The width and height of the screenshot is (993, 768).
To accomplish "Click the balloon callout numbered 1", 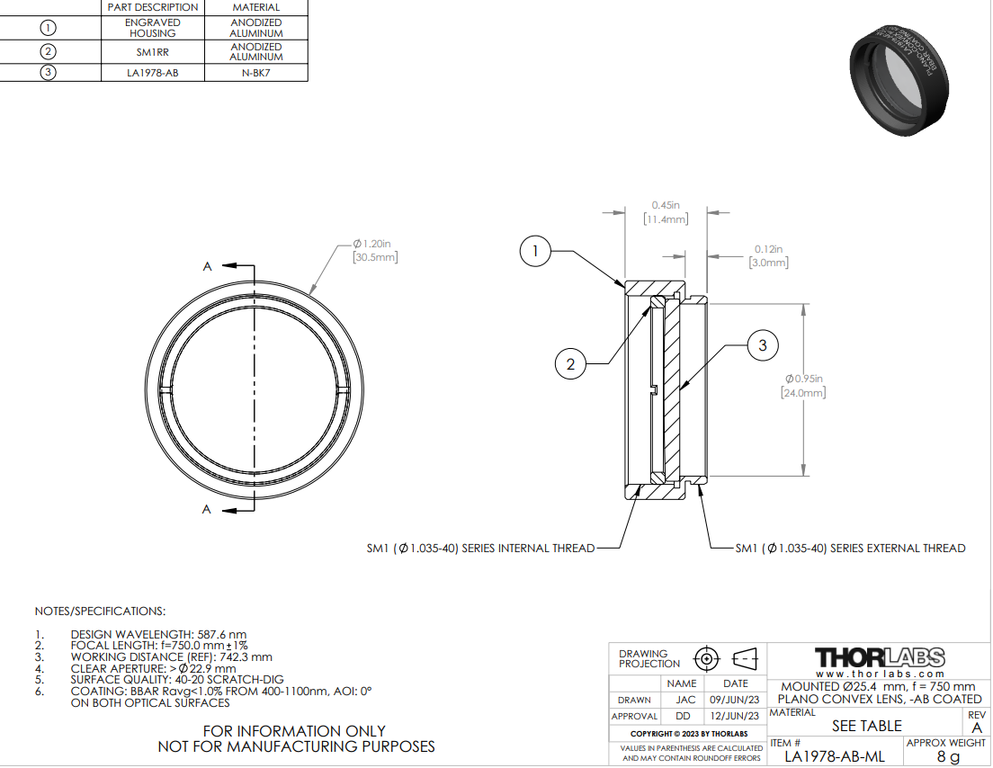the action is [x=535, y=252].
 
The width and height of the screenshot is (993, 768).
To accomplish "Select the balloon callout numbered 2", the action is [x=570, y=364].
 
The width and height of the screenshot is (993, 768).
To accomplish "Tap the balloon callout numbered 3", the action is [x=763, y=345].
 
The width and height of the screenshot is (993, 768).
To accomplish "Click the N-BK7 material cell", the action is [x=255, y=73].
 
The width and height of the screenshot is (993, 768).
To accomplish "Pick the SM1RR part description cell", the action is [x=153, y=52].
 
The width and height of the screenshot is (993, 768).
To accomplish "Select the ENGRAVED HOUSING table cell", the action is [x=153, y=28].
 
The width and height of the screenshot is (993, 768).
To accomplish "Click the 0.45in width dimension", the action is [x=666, y=212].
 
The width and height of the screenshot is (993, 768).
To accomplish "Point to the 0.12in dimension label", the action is [x=769, y=255].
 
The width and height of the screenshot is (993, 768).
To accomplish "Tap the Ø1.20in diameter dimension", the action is [x=375, y=251].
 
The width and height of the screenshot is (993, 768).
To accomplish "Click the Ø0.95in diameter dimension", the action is [x=803, y=386].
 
